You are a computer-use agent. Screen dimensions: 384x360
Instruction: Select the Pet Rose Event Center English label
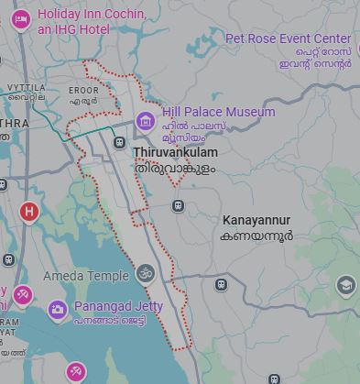(x=289, y=38)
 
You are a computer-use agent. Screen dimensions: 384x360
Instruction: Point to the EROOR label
(x=83, y=90)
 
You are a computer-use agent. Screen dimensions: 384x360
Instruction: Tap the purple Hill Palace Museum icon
(x=145, y=120)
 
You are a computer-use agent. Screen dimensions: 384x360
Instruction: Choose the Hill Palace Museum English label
(x=218, y=112)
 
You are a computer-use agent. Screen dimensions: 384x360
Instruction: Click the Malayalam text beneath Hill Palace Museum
(x=192, y=131)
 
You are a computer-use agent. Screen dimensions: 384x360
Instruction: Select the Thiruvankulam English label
(x=176, y=152)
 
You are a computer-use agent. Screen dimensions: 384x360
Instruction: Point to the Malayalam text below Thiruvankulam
(x=176, y=170)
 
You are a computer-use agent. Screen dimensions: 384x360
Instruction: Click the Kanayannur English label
(x=256, y=220)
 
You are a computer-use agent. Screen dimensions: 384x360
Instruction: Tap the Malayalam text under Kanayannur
(x=257, y=236)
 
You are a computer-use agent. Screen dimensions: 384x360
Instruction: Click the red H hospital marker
(x=28, y=213)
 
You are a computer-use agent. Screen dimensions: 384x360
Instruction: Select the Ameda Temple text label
(x=86, y=276)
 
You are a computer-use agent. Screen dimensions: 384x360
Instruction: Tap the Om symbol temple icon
(x=145, y=273)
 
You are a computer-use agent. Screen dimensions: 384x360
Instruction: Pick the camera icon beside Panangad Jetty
(x=58, y=310)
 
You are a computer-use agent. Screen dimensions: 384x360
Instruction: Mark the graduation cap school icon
(x=345, y=285)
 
